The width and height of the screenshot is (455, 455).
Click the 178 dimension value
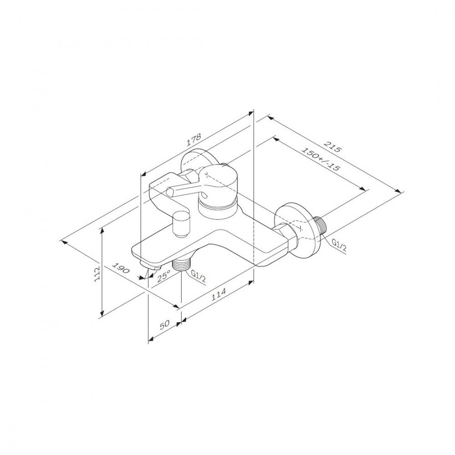point(193,139)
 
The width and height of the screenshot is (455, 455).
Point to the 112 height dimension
point(97,273)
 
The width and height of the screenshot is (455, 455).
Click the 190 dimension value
point(121,268)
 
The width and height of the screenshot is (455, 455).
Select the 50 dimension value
point(164,324)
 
